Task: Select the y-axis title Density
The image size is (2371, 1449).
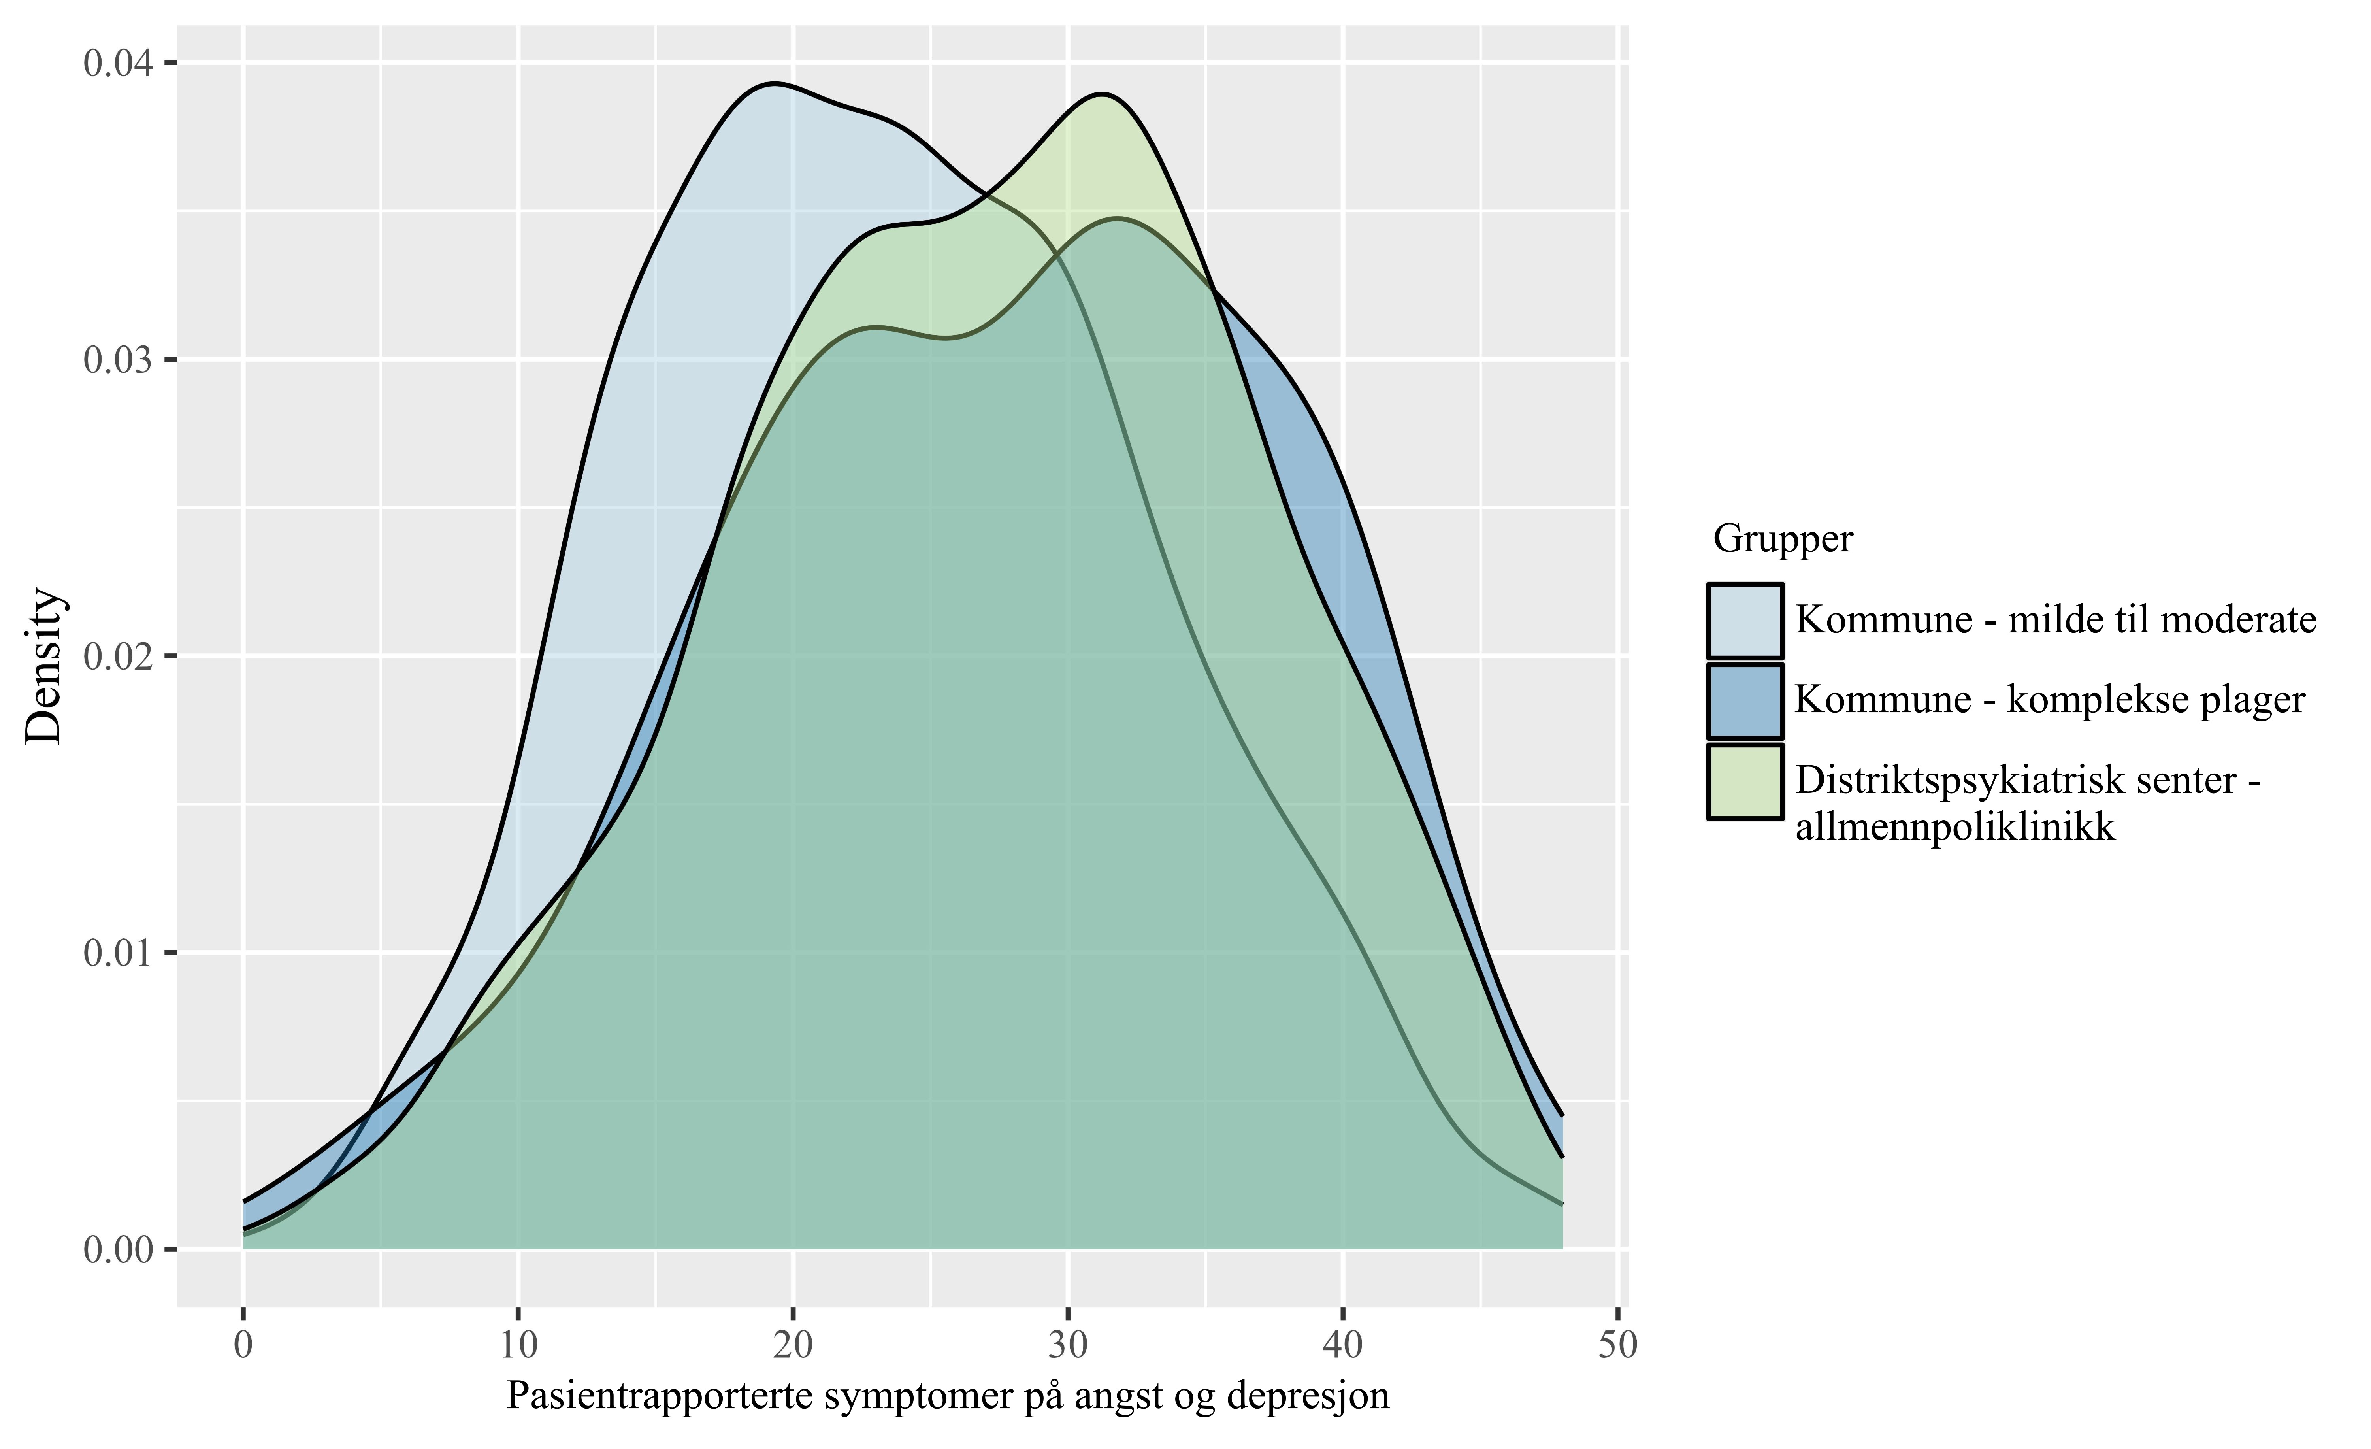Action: (43, 666)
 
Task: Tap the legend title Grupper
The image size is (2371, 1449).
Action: (1782, 539)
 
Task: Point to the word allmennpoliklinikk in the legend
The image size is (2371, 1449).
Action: (1955, 826)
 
